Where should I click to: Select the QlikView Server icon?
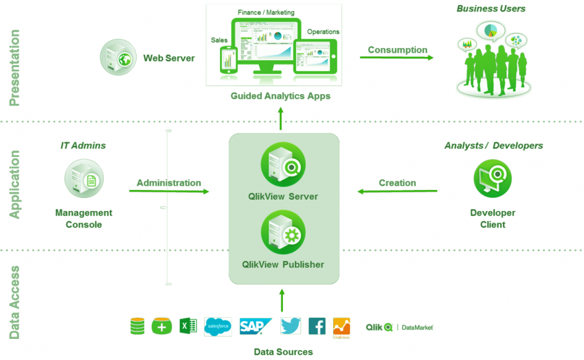coord(283,164)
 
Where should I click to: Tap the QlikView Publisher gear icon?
coord(283,232)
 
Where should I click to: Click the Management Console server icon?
coord(84,179)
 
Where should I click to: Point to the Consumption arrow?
coord(396,58)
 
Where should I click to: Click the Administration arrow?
coord(169,191)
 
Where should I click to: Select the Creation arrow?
coord(397,191)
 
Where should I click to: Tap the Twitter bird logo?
coord(290,326)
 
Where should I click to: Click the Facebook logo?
coord(317,326)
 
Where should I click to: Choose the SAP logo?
coord(255,326)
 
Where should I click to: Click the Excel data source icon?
coord(188,326)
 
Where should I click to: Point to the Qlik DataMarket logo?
coord(399,327)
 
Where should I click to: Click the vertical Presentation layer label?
coord(15,68)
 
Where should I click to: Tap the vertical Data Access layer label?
coord(15,302)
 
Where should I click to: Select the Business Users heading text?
coord(490,9)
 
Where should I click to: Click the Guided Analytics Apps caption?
coord(280,96)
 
